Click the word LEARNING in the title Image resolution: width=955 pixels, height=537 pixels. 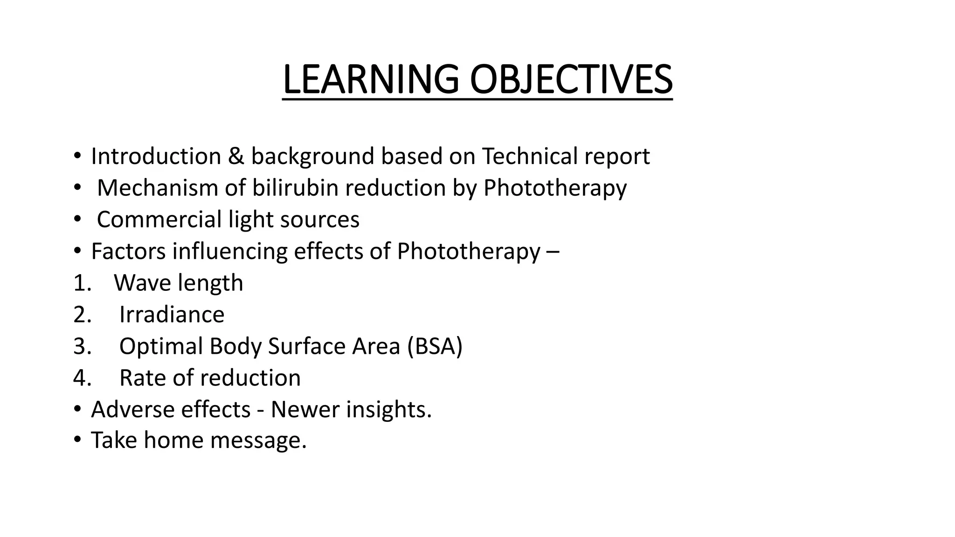point(371,80)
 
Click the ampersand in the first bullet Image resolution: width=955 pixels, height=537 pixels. point(236,156)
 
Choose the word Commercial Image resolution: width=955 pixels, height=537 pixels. point(159,220)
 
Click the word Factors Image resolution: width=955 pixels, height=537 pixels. point(128,251)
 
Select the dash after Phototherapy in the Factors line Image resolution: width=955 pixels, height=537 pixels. point(552,252)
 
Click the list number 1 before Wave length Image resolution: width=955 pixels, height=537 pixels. point(81,283)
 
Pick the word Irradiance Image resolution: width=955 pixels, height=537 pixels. point(172,315)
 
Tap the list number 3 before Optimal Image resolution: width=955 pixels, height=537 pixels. point(82,346)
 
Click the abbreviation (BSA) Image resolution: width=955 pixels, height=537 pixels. point(435,346)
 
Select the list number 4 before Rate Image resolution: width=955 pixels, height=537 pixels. point(82,378)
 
